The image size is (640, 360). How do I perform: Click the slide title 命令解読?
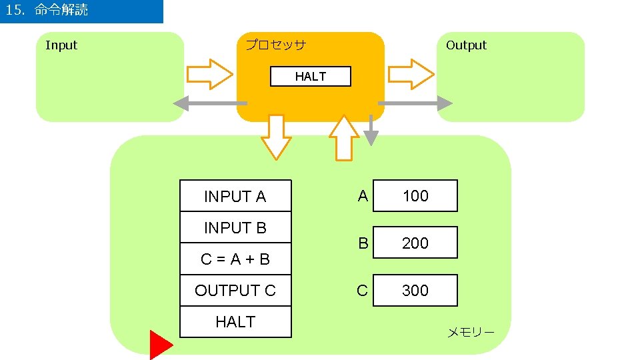(61, 11)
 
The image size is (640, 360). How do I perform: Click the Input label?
(61, 45)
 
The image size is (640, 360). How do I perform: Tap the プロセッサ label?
(275, 45)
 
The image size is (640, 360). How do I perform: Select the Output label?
(466, 45)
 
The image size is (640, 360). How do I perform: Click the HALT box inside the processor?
(310, 77)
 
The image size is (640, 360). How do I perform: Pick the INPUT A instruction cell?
(235, 197)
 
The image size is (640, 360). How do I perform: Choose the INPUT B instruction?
(235, 228)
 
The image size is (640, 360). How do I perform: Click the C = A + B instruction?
(235, 259)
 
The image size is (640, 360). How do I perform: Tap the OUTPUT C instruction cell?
(235, 291)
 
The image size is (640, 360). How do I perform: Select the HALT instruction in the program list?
(235, 322)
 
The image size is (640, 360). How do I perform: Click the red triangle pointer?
(159, 345)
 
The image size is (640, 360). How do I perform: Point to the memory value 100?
(415, 196)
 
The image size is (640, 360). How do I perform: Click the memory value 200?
(415, 243)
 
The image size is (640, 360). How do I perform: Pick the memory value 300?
(415, 291)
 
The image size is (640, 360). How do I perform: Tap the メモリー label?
(470, 332)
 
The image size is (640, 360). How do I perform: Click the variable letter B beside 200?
(363, 243)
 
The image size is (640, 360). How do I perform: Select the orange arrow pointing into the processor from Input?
(209, 74)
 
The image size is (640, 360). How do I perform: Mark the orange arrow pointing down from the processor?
(276, 137)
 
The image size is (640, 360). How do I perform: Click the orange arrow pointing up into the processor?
(344, 137)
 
